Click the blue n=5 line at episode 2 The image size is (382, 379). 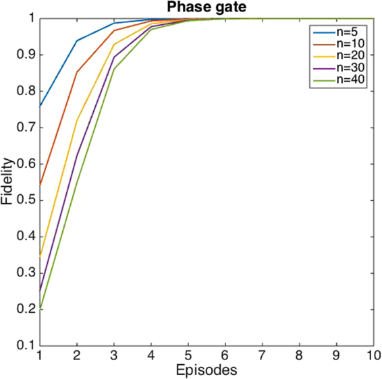[x=77, y=40]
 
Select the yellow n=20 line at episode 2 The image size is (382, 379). [x=77, y=121]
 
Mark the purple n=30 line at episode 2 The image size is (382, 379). [x=77, y=156]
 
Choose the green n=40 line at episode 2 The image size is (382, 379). [x=77, y=182]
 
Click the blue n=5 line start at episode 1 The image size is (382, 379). [x=40, y=106]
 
